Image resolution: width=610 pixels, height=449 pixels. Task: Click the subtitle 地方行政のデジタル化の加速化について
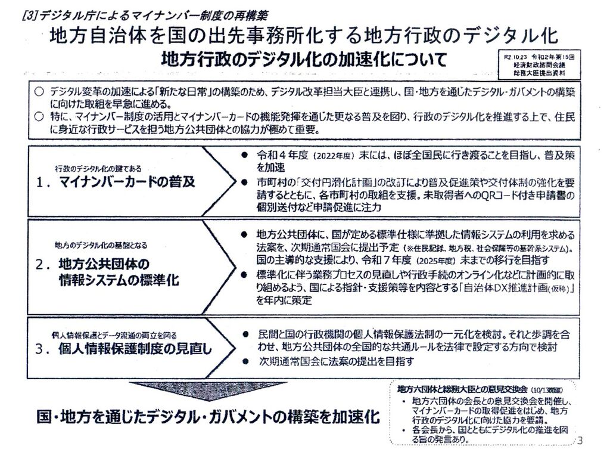coord(304,61)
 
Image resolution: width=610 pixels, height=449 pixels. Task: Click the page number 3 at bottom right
coord(580,440)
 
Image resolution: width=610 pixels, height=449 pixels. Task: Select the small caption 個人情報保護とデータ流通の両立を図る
coord(113,336)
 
